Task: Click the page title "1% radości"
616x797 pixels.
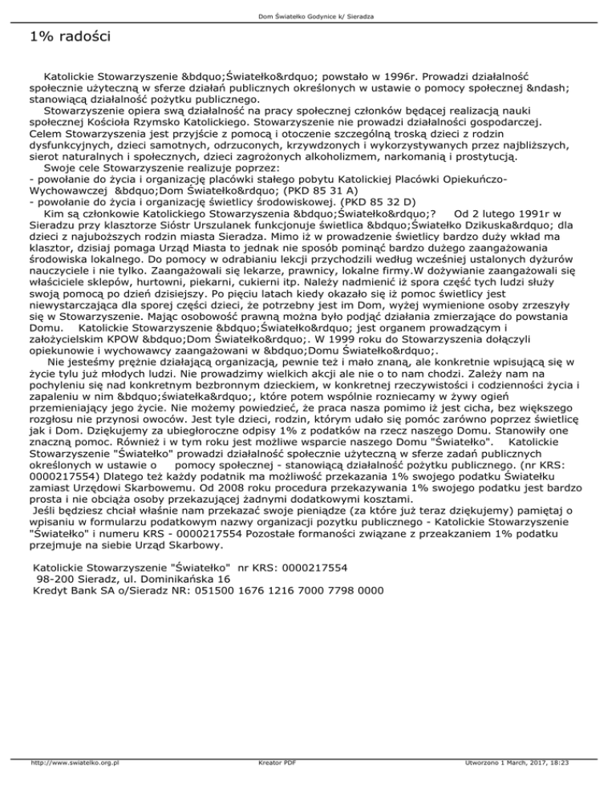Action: click(x=67, y=37)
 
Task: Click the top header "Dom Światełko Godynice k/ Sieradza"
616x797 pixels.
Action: click(x=308, y=17)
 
